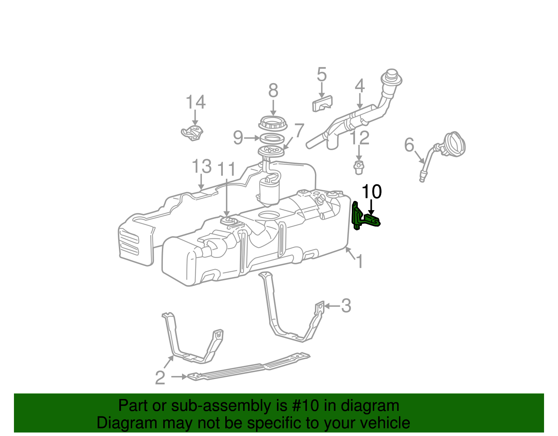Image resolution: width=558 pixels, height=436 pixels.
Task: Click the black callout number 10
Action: [x=372, y=192]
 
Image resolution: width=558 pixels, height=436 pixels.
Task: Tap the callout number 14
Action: [x=195, y=102]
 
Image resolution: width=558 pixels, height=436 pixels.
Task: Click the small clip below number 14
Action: [x=193, y=133]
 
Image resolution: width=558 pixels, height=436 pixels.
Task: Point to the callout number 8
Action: [x=273, y=91]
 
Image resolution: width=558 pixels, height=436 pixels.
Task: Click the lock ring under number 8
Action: [x=273, y=123]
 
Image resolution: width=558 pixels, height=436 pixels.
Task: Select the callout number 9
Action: [x=238, y=138]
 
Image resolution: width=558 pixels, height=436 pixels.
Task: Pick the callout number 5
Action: [x=322, y=75]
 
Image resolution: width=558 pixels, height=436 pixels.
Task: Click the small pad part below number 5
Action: [x=322, y=103]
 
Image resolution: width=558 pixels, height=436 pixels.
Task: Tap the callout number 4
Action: [x=360, y=86]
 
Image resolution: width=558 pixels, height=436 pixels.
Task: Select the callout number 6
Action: [x=409, y=145]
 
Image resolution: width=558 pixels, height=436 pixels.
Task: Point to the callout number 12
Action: [x=360, y=138]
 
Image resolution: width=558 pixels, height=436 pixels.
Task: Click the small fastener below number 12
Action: [x=359, y=168]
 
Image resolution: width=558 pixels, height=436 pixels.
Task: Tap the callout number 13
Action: [x=202, y=167]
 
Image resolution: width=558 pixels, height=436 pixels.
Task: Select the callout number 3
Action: [x=346, y=306]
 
